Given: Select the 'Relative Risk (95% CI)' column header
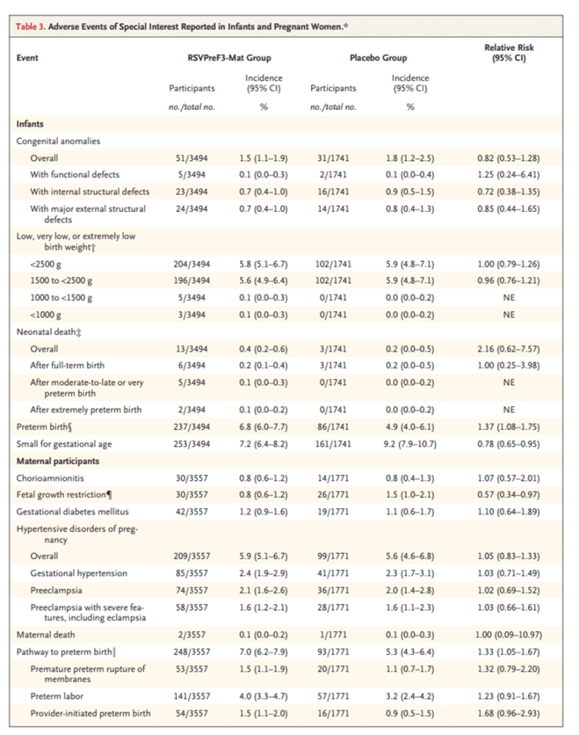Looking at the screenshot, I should click(x=509, y=53).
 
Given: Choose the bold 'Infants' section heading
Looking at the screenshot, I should click(x=29, y=124).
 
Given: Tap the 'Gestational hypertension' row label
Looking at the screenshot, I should click(x=78, y=573).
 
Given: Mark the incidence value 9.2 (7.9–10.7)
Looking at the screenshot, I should click(x=411, y=445).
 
